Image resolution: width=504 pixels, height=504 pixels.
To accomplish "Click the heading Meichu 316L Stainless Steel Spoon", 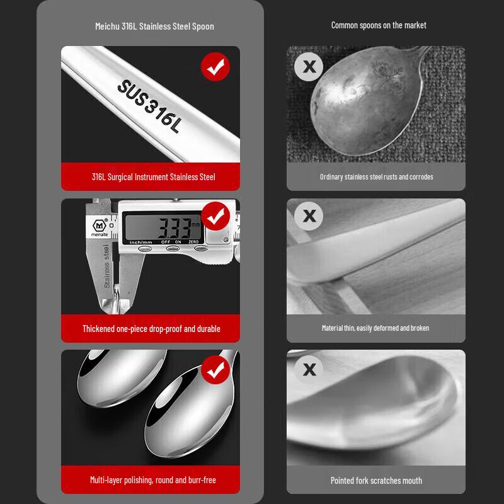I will (x=154, y=26).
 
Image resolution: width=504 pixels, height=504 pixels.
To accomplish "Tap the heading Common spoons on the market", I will (x=379, y=25).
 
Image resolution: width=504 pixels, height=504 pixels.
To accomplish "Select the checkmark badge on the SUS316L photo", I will (x=215, y=67).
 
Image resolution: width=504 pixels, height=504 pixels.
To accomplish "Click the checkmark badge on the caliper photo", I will (x=215, y=217).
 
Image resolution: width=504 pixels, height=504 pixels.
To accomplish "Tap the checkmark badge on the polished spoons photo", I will (x=215, y=369).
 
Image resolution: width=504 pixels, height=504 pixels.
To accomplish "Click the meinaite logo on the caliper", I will (x=100, y=227).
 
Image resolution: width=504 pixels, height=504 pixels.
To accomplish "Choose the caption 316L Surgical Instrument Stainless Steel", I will (x=153, y=177).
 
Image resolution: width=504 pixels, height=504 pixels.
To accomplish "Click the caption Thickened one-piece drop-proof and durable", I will (x=151, y=329).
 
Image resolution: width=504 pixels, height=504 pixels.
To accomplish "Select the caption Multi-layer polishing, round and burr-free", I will (x=153, y=480).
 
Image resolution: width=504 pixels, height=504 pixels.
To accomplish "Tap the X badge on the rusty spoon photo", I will (x=309, y=66).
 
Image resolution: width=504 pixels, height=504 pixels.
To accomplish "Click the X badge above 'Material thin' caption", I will (x=309, y=216).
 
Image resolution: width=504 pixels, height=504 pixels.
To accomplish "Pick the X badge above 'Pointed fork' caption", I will (x=309, y=369).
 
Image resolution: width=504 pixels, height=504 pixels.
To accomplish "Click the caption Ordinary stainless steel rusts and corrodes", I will (x=376, y=177).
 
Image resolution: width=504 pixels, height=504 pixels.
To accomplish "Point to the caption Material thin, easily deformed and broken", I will (x=375, y=328).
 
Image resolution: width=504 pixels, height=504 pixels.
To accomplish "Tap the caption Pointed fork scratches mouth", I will (x=376, y=480).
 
